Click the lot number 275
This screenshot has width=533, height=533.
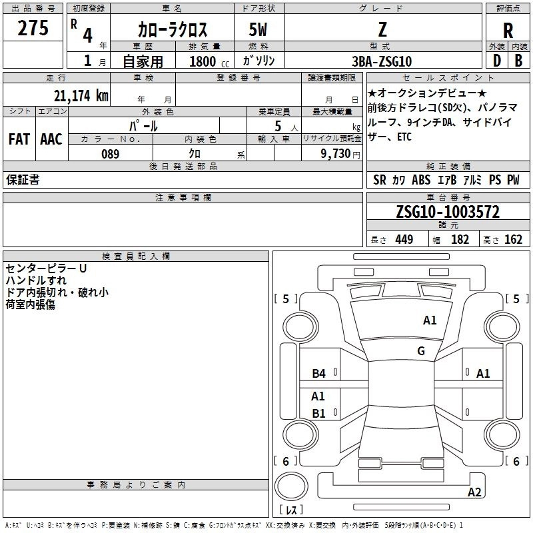[x=33, y=29]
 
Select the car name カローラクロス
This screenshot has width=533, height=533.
[x=173, y=30]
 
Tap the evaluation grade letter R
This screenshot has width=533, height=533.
[x=508, y=31]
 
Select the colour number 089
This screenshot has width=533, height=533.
[x=110, y=154]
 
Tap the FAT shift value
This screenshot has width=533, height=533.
[x=19, y=139]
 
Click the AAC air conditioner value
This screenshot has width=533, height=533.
[x=51, y=139]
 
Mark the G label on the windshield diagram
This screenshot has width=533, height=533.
[x=421, y=351]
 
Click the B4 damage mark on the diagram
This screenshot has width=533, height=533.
[x=319, y=374]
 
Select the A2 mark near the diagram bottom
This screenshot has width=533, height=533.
[x=474, y=492]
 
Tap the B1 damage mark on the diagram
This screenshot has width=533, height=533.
[x=319, y=414]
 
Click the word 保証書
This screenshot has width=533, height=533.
[x=23, y=180]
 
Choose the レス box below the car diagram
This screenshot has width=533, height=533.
[x=290, y=510]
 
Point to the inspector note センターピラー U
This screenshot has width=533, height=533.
[x=46, y=268]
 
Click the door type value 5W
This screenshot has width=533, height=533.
[x=259, y=30]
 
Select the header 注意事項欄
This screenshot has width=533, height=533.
[x=183, y=198]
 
